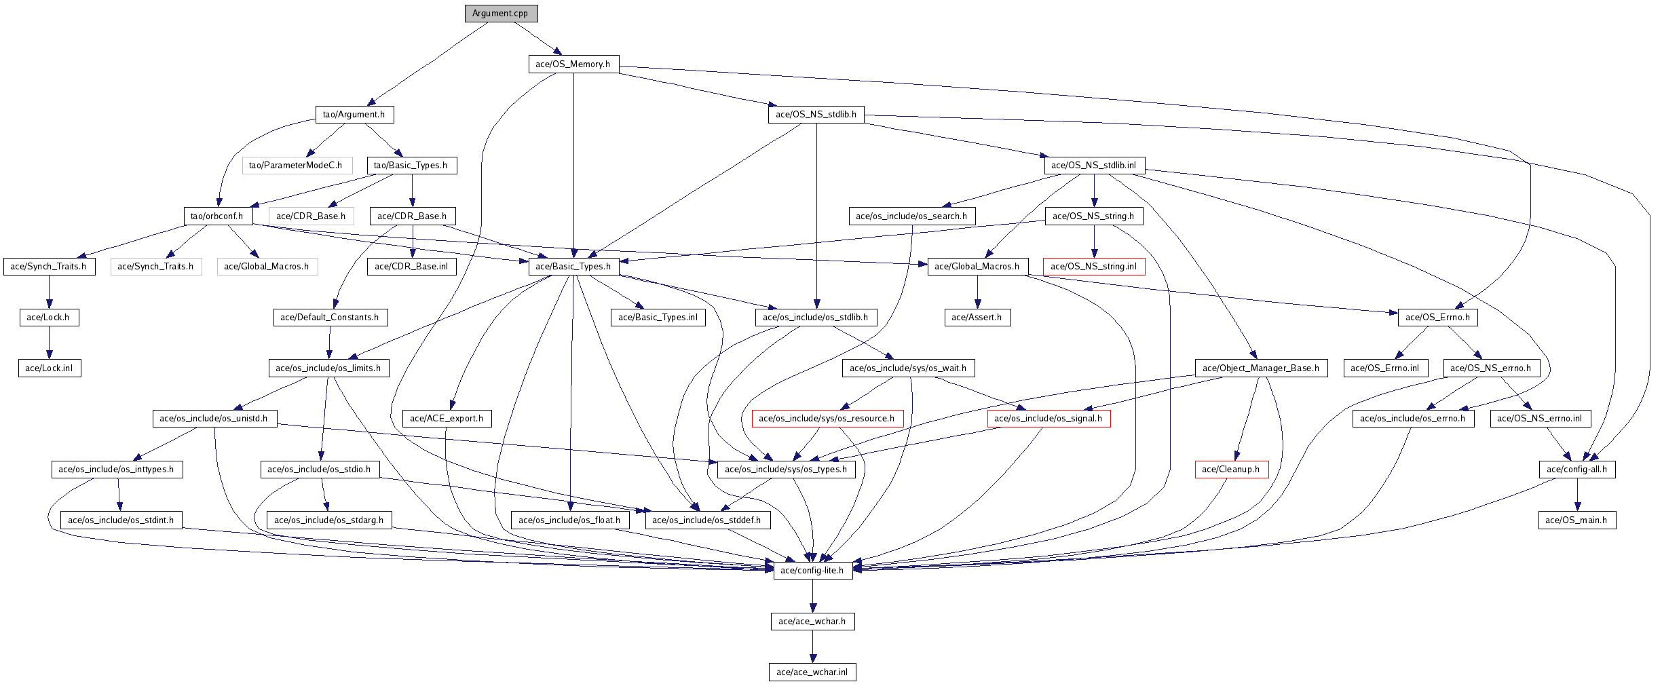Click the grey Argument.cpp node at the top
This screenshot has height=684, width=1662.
[x=501, y=14]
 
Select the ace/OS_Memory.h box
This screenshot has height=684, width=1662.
[x=573, y=64]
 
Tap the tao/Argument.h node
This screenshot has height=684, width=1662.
[x=354, y=115]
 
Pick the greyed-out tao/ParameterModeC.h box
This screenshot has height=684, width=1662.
[x=297, y=166]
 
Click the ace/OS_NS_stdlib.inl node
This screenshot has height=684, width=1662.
[x=1094, y=166]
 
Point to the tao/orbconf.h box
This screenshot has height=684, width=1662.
[x=218, y=216]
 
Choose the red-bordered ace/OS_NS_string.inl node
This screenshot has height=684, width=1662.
[x=1094, y=267]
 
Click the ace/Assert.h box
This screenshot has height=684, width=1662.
[x=977, y=318]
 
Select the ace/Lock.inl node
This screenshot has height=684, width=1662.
[x=50, y=368]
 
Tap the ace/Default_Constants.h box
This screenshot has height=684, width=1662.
[x=330, y=318]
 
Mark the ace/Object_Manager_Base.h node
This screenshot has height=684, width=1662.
[x=1261, y=368]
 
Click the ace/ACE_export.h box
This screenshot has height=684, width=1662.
[x=447, y=419]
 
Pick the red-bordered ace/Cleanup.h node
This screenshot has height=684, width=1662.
[x=1231, y=470]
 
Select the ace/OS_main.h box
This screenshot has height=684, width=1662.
[x=1577, y=520]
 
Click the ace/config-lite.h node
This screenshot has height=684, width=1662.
[x=812, y=571]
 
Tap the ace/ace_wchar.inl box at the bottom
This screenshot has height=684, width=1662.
[x=812, y=672]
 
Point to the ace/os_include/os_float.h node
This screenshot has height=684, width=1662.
[x=570, y=520]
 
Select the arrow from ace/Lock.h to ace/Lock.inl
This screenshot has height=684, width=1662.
[x=49, y=343]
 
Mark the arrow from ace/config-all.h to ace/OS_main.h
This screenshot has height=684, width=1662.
[x=1577, y=495]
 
